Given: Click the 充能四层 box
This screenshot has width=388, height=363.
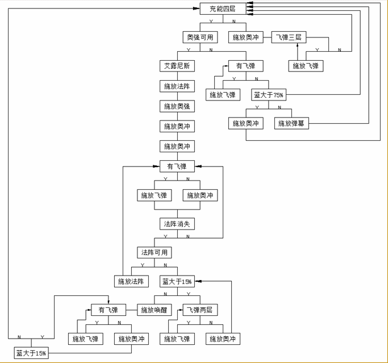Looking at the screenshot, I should click(222, 9).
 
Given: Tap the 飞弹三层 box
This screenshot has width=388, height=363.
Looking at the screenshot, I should click(289, 37).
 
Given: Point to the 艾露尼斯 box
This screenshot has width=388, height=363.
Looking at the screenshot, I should click(177, 66).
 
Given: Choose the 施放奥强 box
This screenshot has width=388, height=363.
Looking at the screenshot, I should click(177, 106).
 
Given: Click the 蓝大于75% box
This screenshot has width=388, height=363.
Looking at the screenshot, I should click(268, 95).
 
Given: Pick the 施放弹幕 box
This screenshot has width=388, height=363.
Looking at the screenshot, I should click(292, 123).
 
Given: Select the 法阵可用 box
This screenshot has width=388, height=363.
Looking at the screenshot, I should click(154, 252).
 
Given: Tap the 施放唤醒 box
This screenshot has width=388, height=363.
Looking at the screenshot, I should click(154, 310).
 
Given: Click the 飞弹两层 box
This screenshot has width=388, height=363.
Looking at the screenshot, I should click(200, 310).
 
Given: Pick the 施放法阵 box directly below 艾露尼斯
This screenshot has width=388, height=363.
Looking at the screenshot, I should click(177, 86).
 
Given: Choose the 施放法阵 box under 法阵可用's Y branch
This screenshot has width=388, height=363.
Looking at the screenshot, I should click(131, 281).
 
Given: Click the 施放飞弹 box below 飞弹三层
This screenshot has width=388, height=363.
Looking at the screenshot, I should click(306, 66).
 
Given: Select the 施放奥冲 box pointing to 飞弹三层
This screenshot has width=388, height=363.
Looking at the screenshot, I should click(245, 37).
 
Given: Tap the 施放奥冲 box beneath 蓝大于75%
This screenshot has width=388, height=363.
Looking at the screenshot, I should click(245, 123).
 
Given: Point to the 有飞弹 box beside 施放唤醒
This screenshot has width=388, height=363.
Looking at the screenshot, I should click(108, 310).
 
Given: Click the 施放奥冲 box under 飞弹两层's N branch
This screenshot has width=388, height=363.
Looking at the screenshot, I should click(222, 339).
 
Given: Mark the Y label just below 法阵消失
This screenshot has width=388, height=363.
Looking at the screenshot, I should click(165, 236).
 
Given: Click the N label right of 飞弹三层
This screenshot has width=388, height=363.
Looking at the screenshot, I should click(340, 50).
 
